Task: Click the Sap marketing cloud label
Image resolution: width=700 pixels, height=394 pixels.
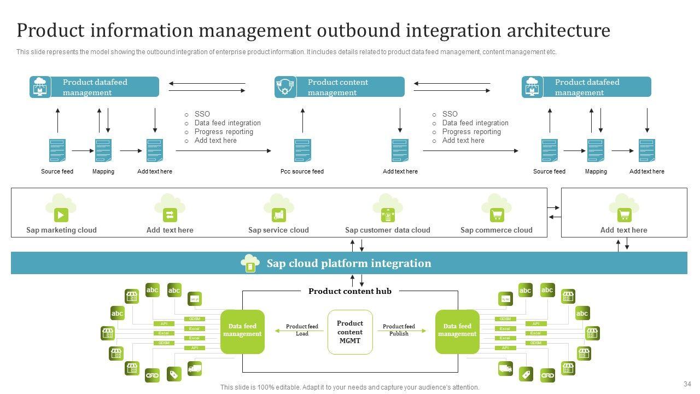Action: coord(61,230)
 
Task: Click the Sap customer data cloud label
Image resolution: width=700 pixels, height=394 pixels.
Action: coord(387,230)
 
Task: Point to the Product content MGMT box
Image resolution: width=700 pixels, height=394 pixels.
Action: coord(350,332)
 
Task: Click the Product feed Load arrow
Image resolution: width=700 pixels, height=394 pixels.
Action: coord(302,331)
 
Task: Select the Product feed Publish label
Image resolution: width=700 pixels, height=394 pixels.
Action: coord(399,329)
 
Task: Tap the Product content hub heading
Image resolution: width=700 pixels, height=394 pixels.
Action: coord(350,292)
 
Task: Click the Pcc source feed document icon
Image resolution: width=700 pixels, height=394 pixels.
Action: coord(302,150)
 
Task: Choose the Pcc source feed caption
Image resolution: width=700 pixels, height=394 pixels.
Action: coord(302,172)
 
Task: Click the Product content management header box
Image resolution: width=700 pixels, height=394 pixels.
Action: coord(350,87)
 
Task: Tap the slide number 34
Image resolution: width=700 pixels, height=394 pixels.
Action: coord(687,384)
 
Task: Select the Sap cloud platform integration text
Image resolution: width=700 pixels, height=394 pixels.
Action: coord(349,264)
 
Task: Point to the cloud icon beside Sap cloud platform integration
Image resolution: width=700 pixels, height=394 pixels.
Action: coord(250,263)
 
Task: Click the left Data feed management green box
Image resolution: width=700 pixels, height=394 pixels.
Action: coord(242,332)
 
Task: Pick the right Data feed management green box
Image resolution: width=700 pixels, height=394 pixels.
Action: coord(457,332)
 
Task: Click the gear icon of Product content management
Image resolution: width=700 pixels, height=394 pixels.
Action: coord(285,87)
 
